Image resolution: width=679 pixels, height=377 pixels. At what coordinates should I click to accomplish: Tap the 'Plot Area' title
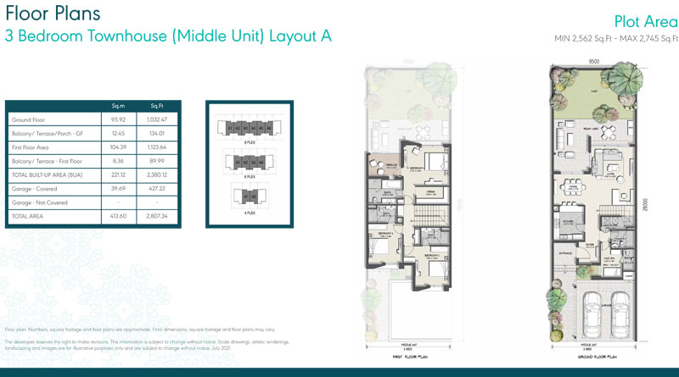tap(643, 21)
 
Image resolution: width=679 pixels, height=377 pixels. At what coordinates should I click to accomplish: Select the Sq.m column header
tap(119, 105)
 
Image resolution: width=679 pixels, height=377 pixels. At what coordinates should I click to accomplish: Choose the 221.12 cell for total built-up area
tap(119, 175)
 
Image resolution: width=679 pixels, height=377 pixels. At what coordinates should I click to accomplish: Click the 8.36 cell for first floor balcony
tap(119, 161)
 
